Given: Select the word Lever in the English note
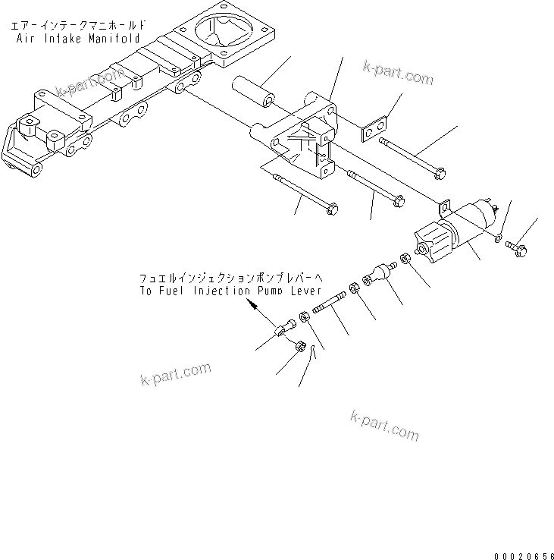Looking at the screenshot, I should pos(305,291).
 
